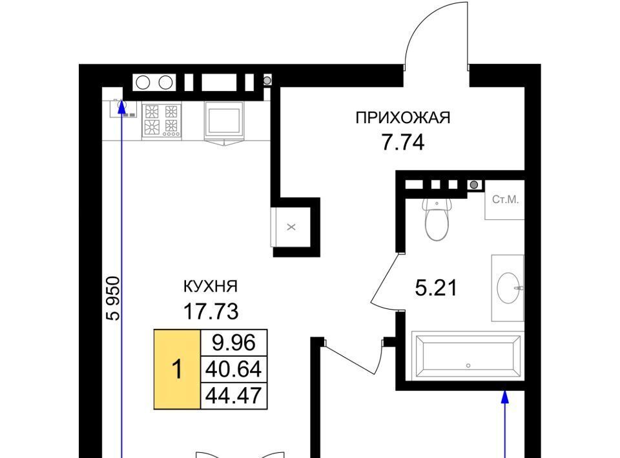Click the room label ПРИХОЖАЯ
403,117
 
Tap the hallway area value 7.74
403,143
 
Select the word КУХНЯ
211,286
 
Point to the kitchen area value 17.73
211,312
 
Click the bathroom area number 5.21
436,288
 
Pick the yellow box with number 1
177,369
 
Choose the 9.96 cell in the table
234,343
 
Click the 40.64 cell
234,370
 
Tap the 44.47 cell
234,395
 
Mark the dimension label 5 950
113,298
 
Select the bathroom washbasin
509,288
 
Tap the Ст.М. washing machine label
505,200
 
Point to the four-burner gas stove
161,121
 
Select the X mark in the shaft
291,227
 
